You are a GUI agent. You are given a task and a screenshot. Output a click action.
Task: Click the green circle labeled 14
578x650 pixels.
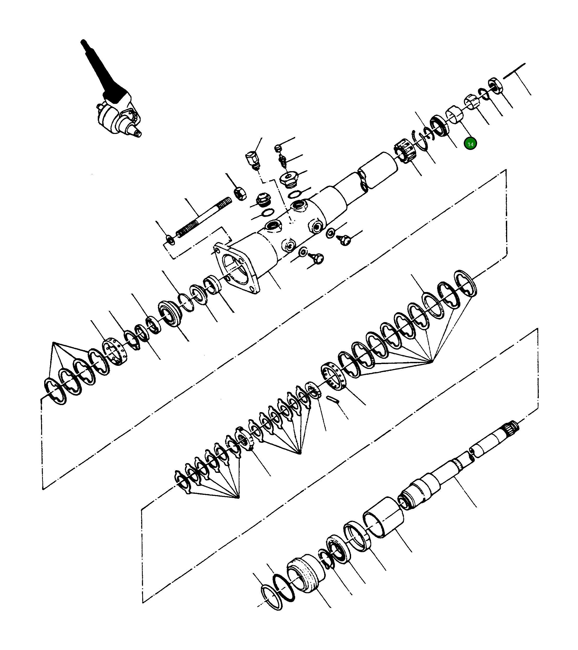tap(470, 144)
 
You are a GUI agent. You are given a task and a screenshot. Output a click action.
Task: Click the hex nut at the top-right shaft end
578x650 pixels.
tap(495, 85)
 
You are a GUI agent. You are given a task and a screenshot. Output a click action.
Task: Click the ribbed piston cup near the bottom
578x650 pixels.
tap(305, 574)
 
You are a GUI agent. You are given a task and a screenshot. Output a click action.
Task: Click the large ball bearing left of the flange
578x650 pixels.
tap(170, 313)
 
